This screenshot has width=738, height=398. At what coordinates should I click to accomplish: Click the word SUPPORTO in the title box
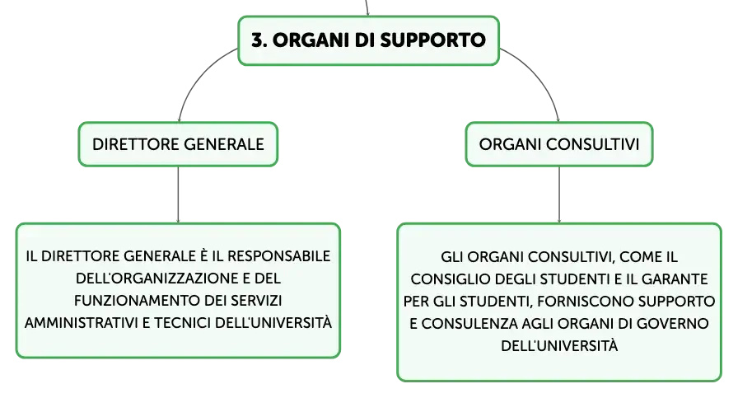432,40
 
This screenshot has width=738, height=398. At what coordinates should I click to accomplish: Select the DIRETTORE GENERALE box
178,144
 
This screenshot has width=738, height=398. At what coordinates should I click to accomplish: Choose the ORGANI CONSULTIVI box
559,144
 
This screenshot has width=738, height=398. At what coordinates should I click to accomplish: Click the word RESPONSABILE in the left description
278,256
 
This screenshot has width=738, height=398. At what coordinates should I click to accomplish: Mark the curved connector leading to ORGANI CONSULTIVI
539,75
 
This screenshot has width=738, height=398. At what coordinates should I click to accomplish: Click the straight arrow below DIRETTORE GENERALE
178,194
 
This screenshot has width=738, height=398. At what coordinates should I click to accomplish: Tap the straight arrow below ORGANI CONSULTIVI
559,194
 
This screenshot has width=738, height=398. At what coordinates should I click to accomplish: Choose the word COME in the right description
641,257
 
